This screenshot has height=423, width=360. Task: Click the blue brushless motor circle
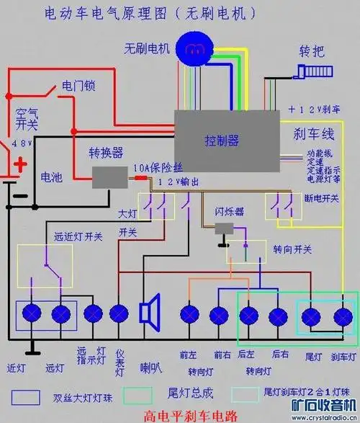pyautogui.click(x=193, y=48)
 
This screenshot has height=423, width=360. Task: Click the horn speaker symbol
pyautogui.click(x=150, y=313)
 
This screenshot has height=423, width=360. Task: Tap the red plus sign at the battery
pyautogui.click(x=21, y=165)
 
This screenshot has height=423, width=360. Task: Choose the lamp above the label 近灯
pyautogui.click(x=32, y=313)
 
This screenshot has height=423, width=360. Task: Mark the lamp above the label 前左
pyautogui.click(x=189, y=313)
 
